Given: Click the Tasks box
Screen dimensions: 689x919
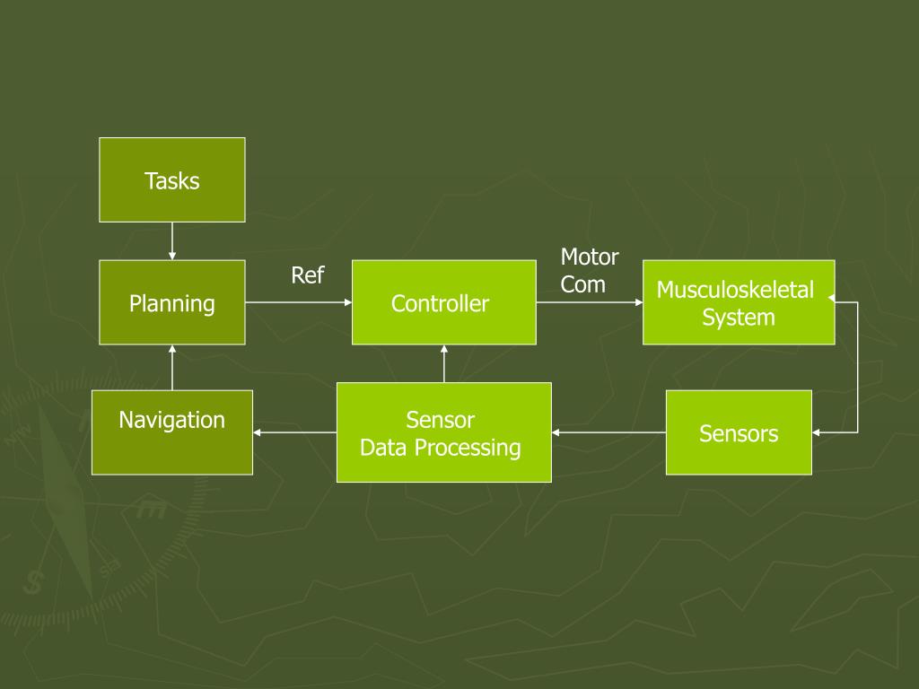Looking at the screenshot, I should (x=171, y=179).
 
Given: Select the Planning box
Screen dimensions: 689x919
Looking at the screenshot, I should (x=171, y=302).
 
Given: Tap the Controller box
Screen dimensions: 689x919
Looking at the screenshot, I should (x=443, y=302).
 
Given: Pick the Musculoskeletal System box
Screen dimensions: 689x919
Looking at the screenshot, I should (x=738, y=302).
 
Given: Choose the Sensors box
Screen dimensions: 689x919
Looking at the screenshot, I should (x=738, y=432).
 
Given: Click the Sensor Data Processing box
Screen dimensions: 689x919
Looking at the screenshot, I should (x=443, y=432).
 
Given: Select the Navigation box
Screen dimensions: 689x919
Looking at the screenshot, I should (x=171, y=432).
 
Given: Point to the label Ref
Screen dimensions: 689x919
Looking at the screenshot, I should (x=307, y=275).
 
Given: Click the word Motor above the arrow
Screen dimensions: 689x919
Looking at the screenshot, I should (x=590, y=257).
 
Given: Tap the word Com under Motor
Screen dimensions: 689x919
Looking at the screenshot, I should (x=583, y=285).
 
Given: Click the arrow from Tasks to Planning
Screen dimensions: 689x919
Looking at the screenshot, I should (x=171, y=240).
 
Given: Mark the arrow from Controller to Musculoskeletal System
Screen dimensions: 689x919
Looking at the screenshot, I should (x=589, y=303).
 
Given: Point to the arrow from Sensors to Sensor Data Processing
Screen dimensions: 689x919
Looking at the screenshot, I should (x=608, y=432).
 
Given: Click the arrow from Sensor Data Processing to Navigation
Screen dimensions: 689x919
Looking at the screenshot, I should (x=294, y=432).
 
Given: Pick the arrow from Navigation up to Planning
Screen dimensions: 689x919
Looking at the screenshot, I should (x=171, y=367).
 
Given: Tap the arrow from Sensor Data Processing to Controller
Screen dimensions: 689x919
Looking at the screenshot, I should (x=444, y=363).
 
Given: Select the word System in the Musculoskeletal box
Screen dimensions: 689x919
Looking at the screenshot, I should (x=738, y=318).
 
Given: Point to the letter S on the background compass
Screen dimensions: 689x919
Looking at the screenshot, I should (x=35, y=582).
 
